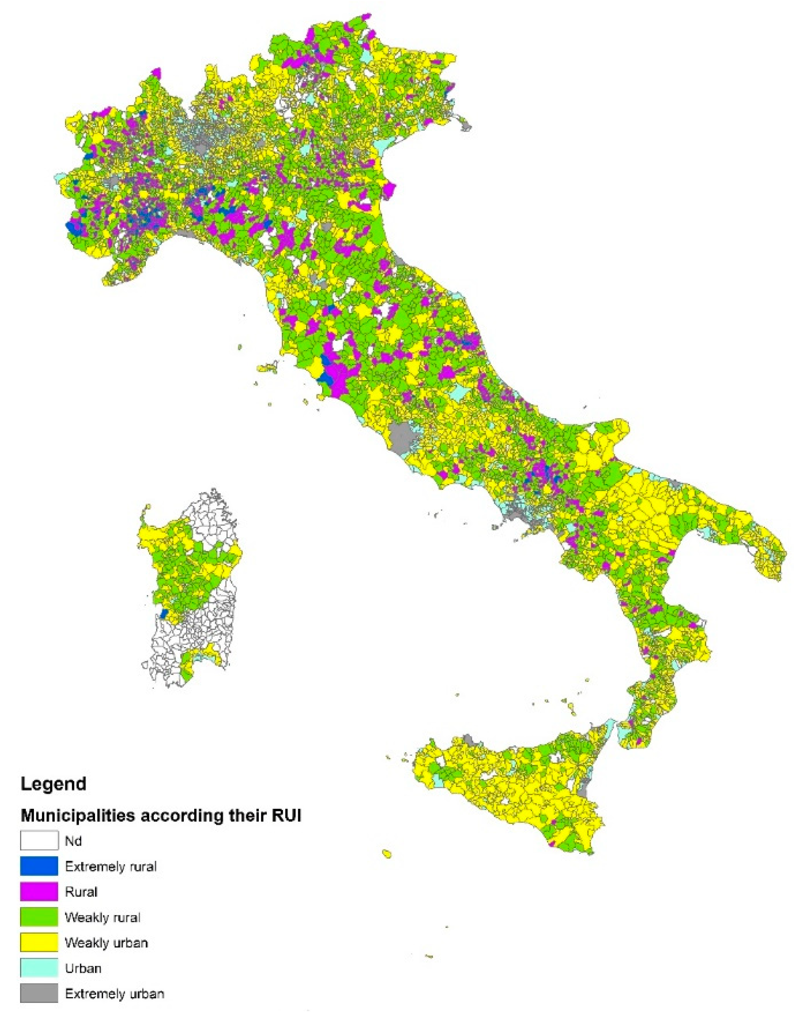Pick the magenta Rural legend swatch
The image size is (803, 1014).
pyautogui.click(x=39, y=892)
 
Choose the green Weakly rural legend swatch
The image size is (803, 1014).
pyautogui.click(x=39, y=917)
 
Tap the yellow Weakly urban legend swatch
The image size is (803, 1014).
pyautogui.click(x=39, y=942)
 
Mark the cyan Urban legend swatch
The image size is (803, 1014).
pyautogui.click(x=39, y=968)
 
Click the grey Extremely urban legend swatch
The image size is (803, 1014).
pyautogui.click(x=39, y=993)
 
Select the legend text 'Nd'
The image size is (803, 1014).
pyautogui.click(x=73, y=841)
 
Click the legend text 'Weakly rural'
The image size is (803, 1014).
pyautogui.click(x=102, y=917)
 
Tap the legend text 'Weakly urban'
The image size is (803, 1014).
pyautogui.click(x=106, y=942)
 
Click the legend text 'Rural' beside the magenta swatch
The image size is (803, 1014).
pyautogui.click(x=81, y=892)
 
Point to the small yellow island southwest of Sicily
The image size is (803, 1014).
pyautogui.click(x=387, y=853)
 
